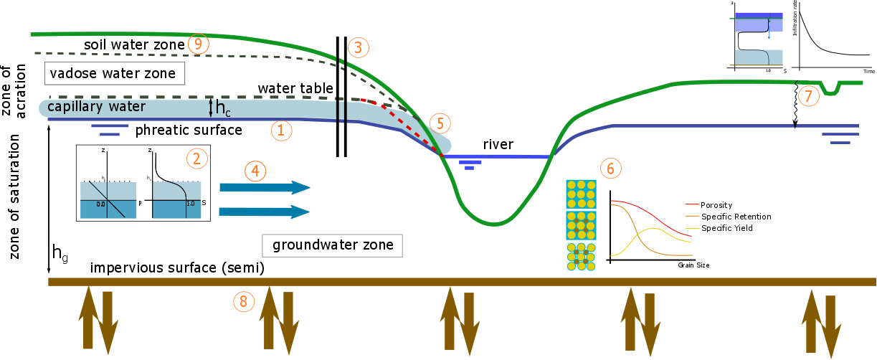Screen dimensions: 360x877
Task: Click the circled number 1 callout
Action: [x=281, y=131]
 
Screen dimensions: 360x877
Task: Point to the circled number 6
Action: [x=610, y=169]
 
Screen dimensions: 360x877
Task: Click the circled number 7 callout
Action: [x=808, y=96]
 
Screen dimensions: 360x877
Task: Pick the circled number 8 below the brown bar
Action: [x=243, y=301]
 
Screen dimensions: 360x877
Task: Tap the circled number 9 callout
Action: [x=199, y=44]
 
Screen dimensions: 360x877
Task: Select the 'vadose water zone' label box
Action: [x=113, y=73]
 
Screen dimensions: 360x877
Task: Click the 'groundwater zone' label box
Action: [x=332, y=245]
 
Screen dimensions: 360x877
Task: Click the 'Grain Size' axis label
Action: [x=693, y=265]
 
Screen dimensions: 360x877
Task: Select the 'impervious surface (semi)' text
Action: [x=178, y=268]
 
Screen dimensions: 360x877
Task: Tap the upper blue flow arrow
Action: [x=264, y=187]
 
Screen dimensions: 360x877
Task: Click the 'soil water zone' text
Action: [x=133, y=44]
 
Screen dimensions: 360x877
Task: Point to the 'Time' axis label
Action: [x=868, y=72]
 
